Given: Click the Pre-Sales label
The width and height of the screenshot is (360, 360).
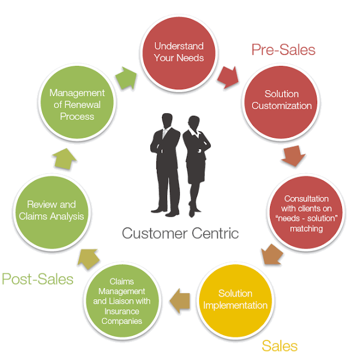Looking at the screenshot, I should click(283, 49).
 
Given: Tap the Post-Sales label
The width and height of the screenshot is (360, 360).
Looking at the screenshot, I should click(37, 278).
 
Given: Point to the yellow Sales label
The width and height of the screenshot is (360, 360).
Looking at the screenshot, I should click(279, 345).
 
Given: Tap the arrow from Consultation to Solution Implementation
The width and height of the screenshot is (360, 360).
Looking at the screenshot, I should click(272, 255).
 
